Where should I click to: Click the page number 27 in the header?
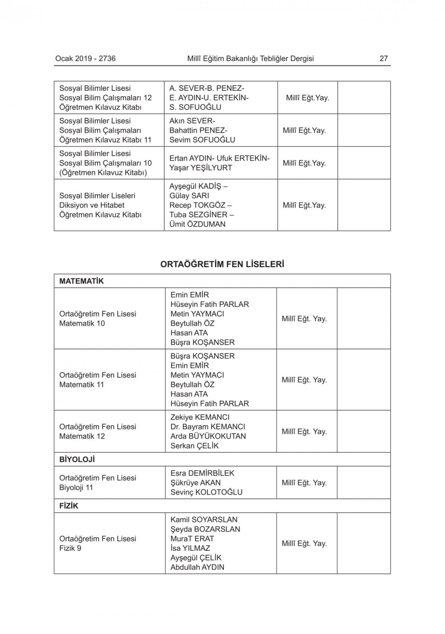point(383,58)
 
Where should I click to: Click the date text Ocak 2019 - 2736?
point(85,58)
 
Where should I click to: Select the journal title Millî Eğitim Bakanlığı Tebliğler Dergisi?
point(251,58)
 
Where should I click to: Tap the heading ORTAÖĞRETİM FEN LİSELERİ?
point(222,264)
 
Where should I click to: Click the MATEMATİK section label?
point(81,281)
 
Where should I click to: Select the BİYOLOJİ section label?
point(77,459)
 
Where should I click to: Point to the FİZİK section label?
point(69,506)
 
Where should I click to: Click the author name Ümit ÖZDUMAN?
point(197,224)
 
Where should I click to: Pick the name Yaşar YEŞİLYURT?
point(201,168)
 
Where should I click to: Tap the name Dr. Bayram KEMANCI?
point(207,427)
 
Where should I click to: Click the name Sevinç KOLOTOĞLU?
point(206,492)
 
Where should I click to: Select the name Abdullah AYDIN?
point(197,567)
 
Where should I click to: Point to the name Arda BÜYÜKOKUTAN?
point(208,436)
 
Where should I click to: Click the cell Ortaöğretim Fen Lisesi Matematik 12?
point(97,431)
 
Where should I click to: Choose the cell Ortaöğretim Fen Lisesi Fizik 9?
point(97,543)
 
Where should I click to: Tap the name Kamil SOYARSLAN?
point(204,520)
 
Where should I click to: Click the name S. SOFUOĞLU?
point(195,107)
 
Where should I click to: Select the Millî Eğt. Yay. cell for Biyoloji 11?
point(304,483)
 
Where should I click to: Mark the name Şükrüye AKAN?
point(195,483)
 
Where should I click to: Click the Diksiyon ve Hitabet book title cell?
point(100,205)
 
